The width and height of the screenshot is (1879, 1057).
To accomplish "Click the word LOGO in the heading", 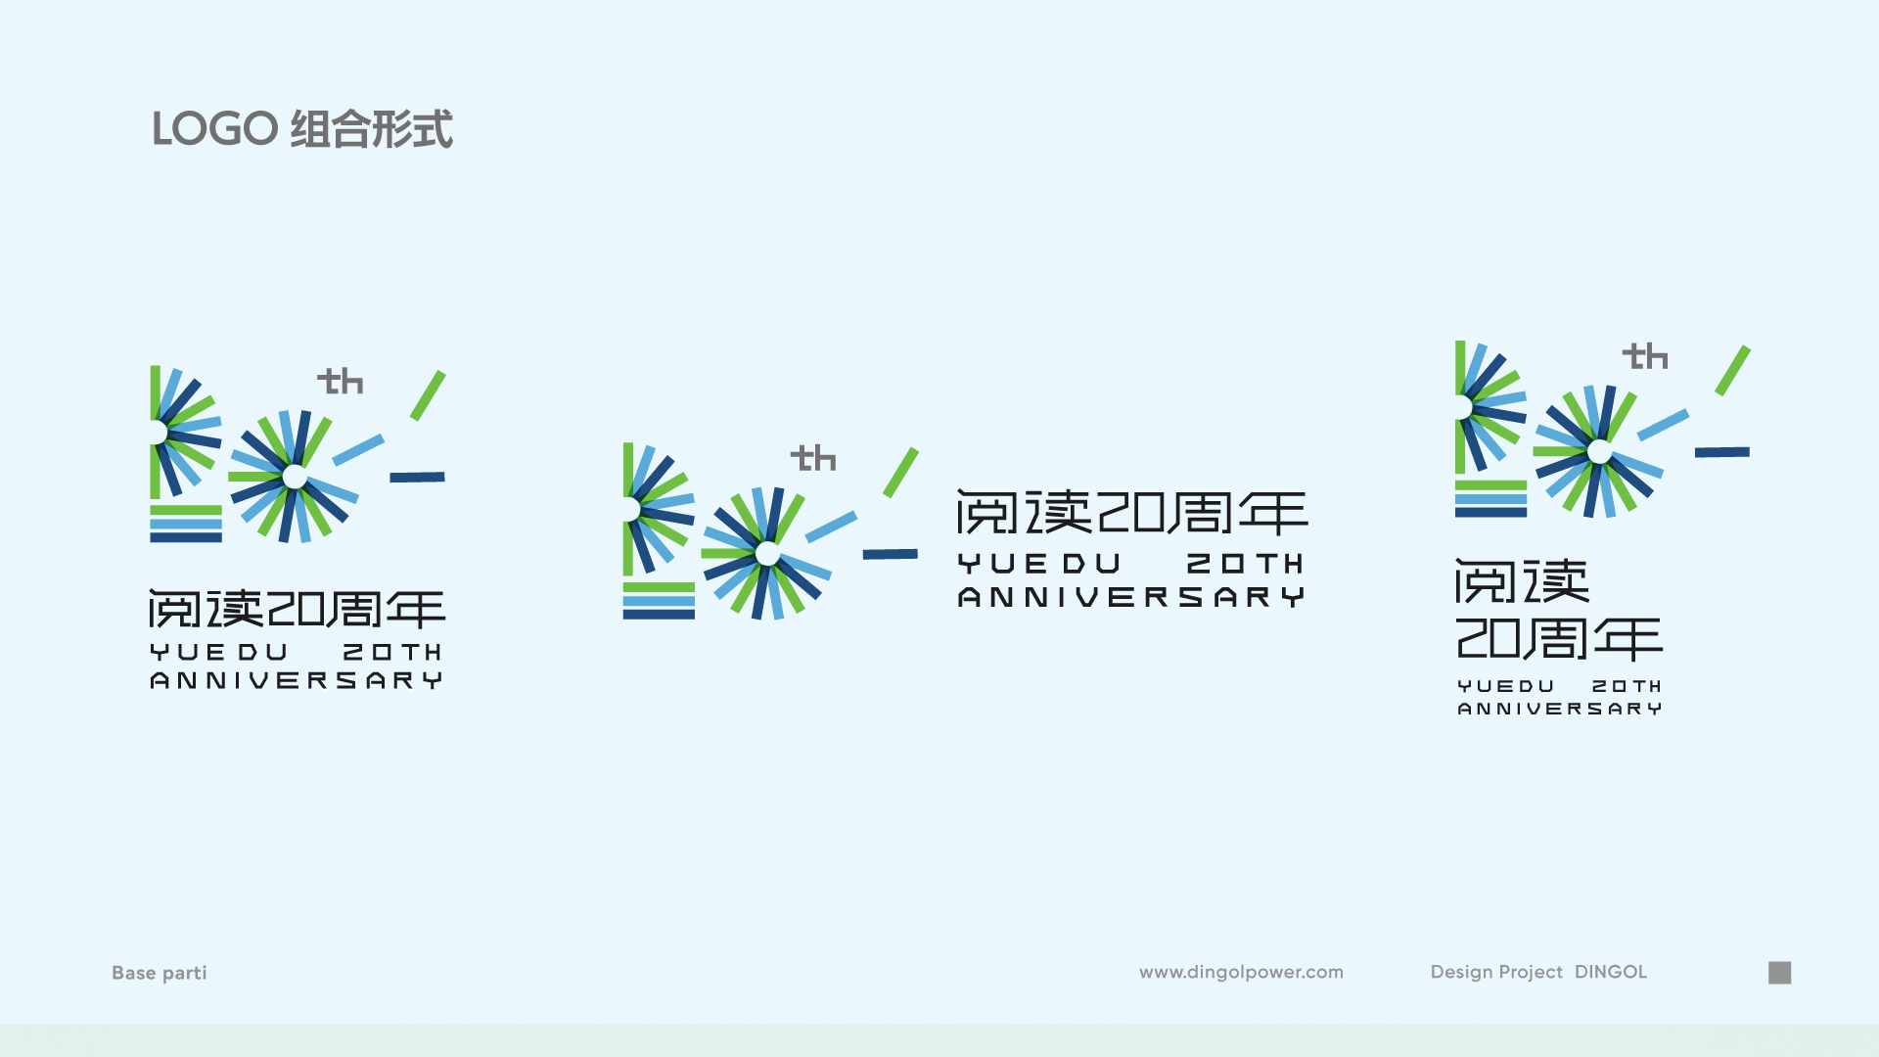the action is coord(215,129).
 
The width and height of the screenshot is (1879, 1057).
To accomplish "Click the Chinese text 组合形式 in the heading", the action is coord(372,129).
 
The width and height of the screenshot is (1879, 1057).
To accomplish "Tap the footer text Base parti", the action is coord(160,973).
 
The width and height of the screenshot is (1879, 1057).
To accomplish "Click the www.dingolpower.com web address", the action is coord(1241,972).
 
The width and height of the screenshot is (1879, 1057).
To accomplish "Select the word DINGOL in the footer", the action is coord(1611,972).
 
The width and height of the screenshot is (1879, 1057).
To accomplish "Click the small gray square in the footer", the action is coord(1780,972).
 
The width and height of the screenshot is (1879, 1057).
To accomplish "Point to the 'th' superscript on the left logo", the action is coord(341,381).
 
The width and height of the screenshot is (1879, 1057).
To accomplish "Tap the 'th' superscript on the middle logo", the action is coord(813,458).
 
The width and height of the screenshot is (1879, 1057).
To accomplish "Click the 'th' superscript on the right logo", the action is coord(1645,356).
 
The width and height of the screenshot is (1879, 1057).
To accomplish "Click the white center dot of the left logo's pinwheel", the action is coord(295,477).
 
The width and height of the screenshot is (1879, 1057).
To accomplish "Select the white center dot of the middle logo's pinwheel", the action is coord(768,554).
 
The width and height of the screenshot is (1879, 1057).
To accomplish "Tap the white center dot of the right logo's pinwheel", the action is coord(1600,451).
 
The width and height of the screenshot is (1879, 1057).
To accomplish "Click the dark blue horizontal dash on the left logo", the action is coord(418,478).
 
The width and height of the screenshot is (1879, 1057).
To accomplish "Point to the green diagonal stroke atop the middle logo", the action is coord(901,473).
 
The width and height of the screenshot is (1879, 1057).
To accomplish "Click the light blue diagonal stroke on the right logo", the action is coord(1664,425).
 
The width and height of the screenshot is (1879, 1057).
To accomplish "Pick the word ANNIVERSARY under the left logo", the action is coord(297,680).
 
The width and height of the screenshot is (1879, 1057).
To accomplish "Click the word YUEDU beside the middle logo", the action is coord(1039,564).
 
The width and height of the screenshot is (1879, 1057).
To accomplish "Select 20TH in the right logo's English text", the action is coord(1627,686).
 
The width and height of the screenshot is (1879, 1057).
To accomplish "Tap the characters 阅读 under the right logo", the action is coord(1523,581).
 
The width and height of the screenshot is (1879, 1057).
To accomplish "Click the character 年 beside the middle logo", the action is coord(1273,513).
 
